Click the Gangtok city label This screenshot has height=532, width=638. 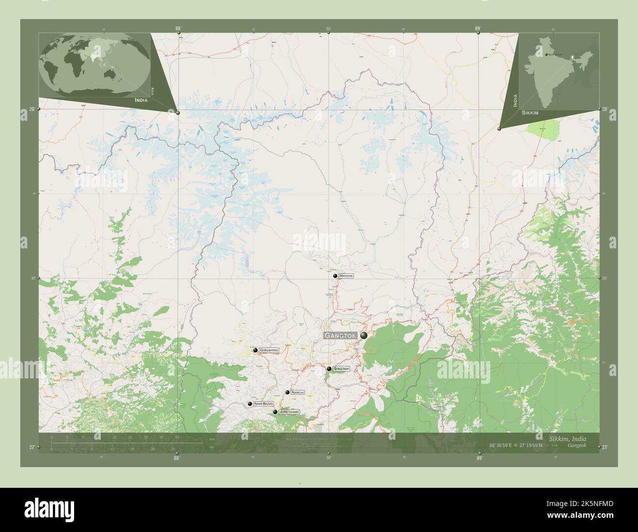point(341,336)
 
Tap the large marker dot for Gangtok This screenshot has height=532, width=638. point(364,335)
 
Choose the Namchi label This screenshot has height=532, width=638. point(297,393)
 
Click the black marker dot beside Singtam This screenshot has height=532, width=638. point(329,369)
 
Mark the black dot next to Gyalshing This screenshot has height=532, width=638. point(255,350)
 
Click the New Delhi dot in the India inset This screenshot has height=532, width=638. point(546,54)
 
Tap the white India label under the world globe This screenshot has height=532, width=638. point(140,100)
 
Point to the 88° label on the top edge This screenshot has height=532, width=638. point(177,29)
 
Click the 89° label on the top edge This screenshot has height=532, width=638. point(478,29)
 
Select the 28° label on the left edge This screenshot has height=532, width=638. point(32,109)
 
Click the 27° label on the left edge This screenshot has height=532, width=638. point(32,447)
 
